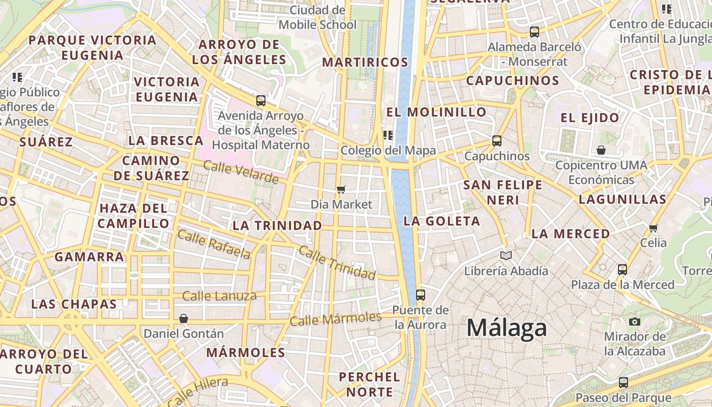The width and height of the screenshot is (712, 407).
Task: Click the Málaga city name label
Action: point(507,328)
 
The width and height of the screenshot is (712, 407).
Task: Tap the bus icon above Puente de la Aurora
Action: point(420,295)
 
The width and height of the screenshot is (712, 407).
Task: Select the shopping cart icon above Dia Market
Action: point(341,189)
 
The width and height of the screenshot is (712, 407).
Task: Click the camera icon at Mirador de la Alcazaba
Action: point(634,322)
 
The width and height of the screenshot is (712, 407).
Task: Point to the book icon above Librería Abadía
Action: point(506,255)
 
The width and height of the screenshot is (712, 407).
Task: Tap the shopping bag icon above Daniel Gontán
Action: point(184,318)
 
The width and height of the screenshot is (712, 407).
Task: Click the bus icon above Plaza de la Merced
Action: point(622,269)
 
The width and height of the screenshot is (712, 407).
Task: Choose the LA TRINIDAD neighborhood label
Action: point(277,225)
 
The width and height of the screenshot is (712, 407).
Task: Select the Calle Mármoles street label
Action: point(336,319)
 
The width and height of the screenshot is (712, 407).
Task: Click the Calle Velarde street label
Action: point(241,172)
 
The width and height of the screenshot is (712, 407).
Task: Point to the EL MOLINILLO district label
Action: point(436,112)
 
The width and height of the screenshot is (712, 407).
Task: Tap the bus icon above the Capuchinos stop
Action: point(497,140)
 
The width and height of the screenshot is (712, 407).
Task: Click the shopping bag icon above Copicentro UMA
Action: point(601,150)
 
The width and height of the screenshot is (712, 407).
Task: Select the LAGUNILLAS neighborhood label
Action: point(622,199)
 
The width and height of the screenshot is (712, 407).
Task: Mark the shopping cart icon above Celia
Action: point(654,227)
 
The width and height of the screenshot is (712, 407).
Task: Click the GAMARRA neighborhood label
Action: point(90,257)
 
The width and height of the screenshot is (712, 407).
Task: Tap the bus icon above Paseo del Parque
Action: point(623,382)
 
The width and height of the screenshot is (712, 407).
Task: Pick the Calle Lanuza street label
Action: point(219,296)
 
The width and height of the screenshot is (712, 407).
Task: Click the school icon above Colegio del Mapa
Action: point(388,135)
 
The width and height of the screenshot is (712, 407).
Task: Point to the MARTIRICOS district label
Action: point(365,63)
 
